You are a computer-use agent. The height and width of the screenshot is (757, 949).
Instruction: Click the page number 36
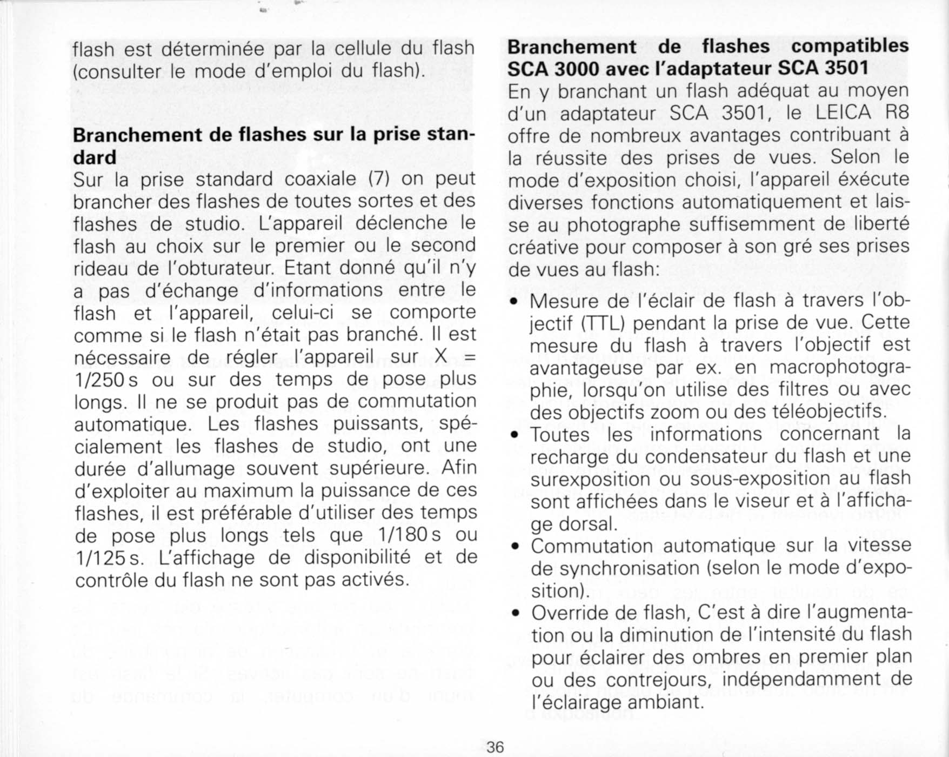495,747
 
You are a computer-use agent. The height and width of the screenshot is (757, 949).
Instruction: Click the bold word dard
95,157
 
